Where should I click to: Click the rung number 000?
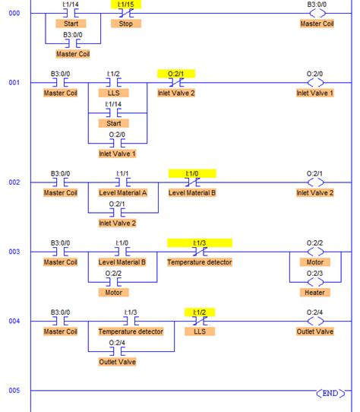(14, 13)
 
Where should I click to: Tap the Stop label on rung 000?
(125, 24)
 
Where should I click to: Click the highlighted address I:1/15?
(125, 5)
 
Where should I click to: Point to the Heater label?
(314, 292)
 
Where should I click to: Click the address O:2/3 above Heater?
(314, 272)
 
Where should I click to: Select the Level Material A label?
(123, 193)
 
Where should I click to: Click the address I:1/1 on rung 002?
(123, 173)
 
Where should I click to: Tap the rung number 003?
(14, 252)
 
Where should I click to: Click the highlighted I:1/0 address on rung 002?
(192, 173)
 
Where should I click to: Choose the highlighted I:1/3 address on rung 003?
(200, 242)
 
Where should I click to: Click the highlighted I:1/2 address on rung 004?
(200, 312)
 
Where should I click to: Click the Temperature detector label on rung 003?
(200, 262)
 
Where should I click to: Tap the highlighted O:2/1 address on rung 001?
(176, 74)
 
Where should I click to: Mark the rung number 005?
(14, 391)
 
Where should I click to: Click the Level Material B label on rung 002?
(192, 193)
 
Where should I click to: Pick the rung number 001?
(14, 82)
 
